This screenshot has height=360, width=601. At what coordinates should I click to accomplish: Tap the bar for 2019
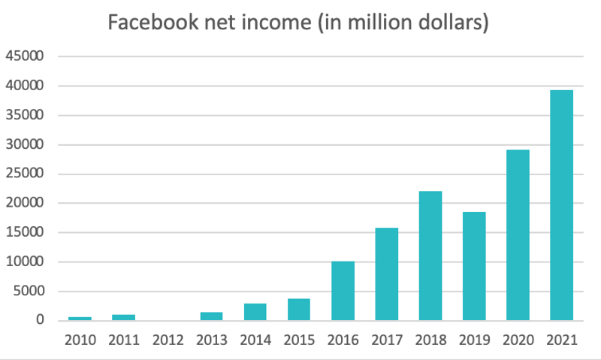pos(474,266)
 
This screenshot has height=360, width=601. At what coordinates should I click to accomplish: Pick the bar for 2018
pos(430,256)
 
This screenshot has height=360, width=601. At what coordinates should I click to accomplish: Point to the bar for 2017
pos(386,274)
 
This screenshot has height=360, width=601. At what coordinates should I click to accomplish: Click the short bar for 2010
pos(80,319)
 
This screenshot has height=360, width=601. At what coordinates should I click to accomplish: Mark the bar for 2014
pos(255,312)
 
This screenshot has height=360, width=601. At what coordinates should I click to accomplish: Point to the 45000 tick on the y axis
pos(26,56)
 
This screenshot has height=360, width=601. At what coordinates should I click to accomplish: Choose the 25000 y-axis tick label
pos(26,174)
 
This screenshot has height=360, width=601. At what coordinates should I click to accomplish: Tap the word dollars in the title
pos(450,23)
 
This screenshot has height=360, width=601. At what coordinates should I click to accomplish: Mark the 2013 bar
pos(211,316)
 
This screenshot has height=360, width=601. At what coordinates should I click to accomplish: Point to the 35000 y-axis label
pos(26,115)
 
